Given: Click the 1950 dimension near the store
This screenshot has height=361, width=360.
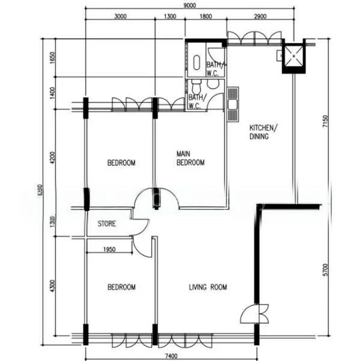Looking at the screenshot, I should click(109, 249).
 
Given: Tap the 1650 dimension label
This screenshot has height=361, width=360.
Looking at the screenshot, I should click(53, 58).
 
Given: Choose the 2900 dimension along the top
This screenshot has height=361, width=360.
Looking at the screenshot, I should click(260, 17).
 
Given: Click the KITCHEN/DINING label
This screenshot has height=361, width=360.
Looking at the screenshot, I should click(263, 132).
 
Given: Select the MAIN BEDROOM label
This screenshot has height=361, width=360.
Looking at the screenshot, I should click(190, 158).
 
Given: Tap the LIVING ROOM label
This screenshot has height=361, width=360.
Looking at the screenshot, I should click(208, 288).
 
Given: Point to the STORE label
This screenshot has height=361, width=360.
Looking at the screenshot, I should click(106, 224).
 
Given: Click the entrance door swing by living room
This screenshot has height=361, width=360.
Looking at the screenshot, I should click(252, 313).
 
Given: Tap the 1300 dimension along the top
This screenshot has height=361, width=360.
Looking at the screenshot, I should click(169, 17).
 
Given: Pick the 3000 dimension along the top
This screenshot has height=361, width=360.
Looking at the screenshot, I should click(120, 17).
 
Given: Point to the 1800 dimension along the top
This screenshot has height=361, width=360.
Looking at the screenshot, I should click(206, 17).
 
